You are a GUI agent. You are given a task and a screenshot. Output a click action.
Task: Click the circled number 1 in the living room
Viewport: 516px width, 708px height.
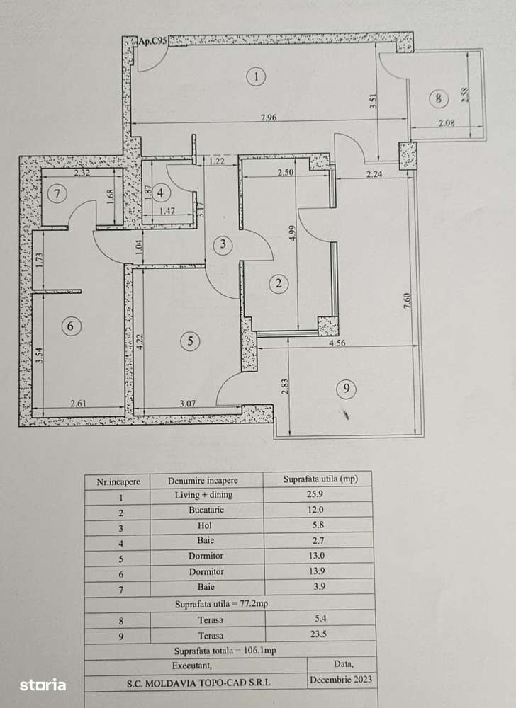click(256, 76)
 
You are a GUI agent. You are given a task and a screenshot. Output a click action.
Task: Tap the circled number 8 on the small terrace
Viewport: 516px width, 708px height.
click(439, 99)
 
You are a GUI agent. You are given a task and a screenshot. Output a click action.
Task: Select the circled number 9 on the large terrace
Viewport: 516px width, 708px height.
click(345, 389)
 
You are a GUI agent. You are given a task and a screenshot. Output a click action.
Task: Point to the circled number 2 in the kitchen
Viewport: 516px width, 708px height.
click(279, 284)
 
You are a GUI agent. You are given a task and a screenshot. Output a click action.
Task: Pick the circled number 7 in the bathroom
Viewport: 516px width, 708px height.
click(57, 193)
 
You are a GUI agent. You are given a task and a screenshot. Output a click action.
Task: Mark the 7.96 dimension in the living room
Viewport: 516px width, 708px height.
click(269, 118)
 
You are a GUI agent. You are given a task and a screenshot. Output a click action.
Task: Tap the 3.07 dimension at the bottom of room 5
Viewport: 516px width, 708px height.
click(187, 404)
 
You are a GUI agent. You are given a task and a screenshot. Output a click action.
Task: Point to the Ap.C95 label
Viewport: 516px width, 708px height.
click(152, 41)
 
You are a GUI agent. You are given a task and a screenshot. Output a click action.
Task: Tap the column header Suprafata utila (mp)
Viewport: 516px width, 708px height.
click(320, 479)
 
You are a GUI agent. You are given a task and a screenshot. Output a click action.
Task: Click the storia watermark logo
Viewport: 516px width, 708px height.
click(43, 685)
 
